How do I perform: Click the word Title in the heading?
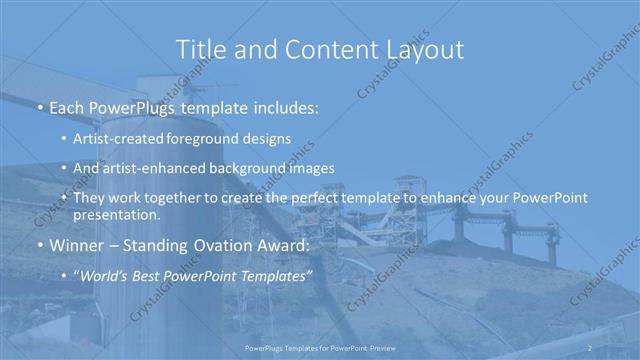[199, 49]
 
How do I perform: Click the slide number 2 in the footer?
[590, 346]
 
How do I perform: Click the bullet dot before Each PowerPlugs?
[39, 105]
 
